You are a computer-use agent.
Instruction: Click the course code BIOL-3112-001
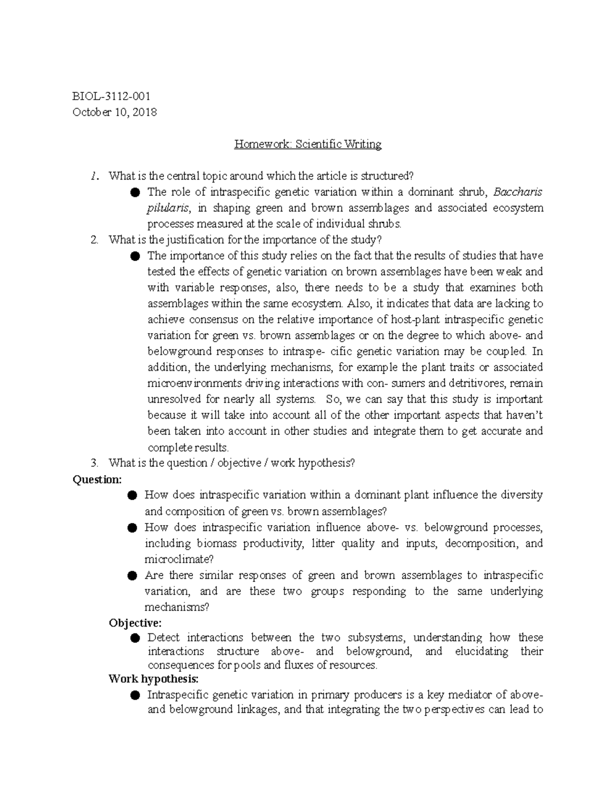pos(111,96)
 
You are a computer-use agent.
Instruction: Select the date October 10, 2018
pos(114,112)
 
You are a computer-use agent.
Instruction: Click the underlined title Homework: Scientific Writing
pos(307,144)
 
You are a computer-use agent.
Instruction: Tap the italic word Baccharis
pos(517,192)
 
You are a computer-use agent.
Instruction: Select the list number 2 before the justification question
pos(93,240)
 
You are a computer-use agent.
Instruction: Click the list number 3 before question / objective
pos(93,463)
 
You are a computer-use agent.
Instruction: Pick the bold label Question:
pos(98,479)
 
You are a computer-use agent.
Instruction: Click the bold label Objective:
pos(135,623)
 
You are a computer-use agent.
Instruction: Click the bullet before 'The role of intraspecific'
pos(135,192)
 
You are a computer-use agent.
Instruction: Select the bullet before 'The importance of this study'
pos(135,256)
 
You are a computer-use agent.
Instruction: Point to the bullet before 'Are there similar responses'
pos(132,576)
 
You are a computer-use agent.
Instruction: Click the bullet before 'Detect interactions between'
pos(135,638)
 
